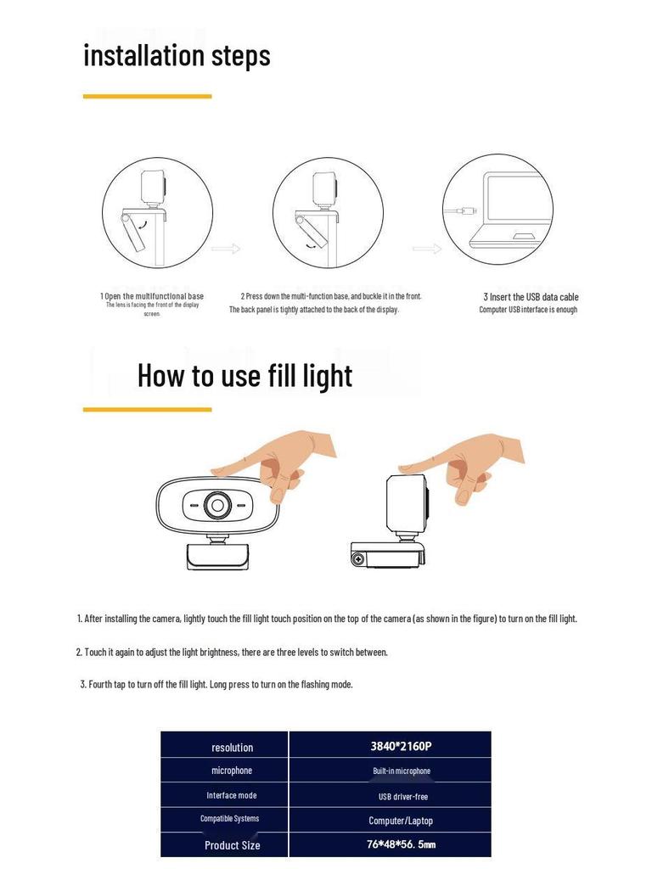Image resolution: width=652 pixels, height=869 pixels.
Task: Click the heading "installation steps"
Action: pos(177,55)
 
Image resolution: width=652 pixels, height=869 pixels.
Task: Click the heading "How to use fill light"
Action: pos(244,375)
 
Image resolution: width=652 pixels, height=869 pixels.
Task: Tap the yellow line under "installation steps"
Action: pos(147,97)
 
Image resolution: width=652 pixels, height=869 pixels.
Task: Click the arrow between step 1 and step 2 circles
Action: pos(226,249)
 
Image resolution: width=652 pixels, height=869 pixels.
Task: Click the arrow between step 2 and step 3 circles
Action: pos(427,249)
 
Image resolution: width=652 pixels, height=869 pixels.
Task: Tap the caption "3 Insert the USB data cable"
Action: pos(531,297)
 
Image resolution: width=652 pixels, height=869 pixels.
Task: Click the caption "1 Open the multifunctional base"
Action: pos(152,296)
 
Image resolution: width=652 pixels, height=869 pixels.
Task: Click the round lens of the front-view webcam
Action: pos(217,506)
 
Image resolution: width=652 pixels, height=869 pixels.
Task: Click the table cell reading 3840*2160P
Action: pos(401,747)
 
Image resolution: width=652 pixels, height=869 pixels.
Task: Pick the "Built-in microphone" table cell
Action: pos(402,771)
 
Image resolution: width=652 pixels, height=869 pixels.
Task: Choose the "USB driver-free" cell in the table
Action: pos(402,796)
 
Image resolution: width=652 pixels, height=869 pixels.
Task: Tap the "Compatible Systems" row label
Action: pos(229,819)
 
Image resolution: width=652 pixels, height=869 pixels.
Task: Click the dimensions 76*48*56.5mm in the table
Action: pos(401,844)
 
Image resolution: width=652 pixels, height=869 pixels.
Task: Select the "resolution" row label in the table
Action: pos(232,748)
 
